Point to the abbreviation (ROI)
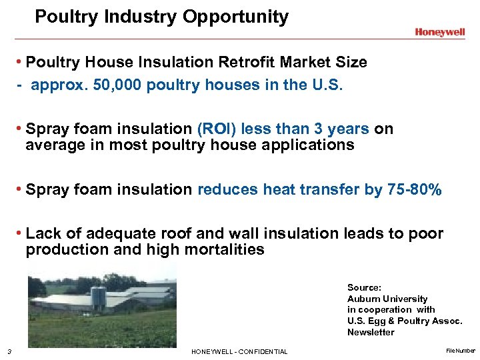219,129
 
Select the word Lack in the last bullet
41,233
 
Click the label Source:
364,287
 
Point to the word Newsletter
371,333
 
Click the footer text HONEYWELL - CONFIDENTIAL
239,352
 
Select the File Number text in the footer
461,350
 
